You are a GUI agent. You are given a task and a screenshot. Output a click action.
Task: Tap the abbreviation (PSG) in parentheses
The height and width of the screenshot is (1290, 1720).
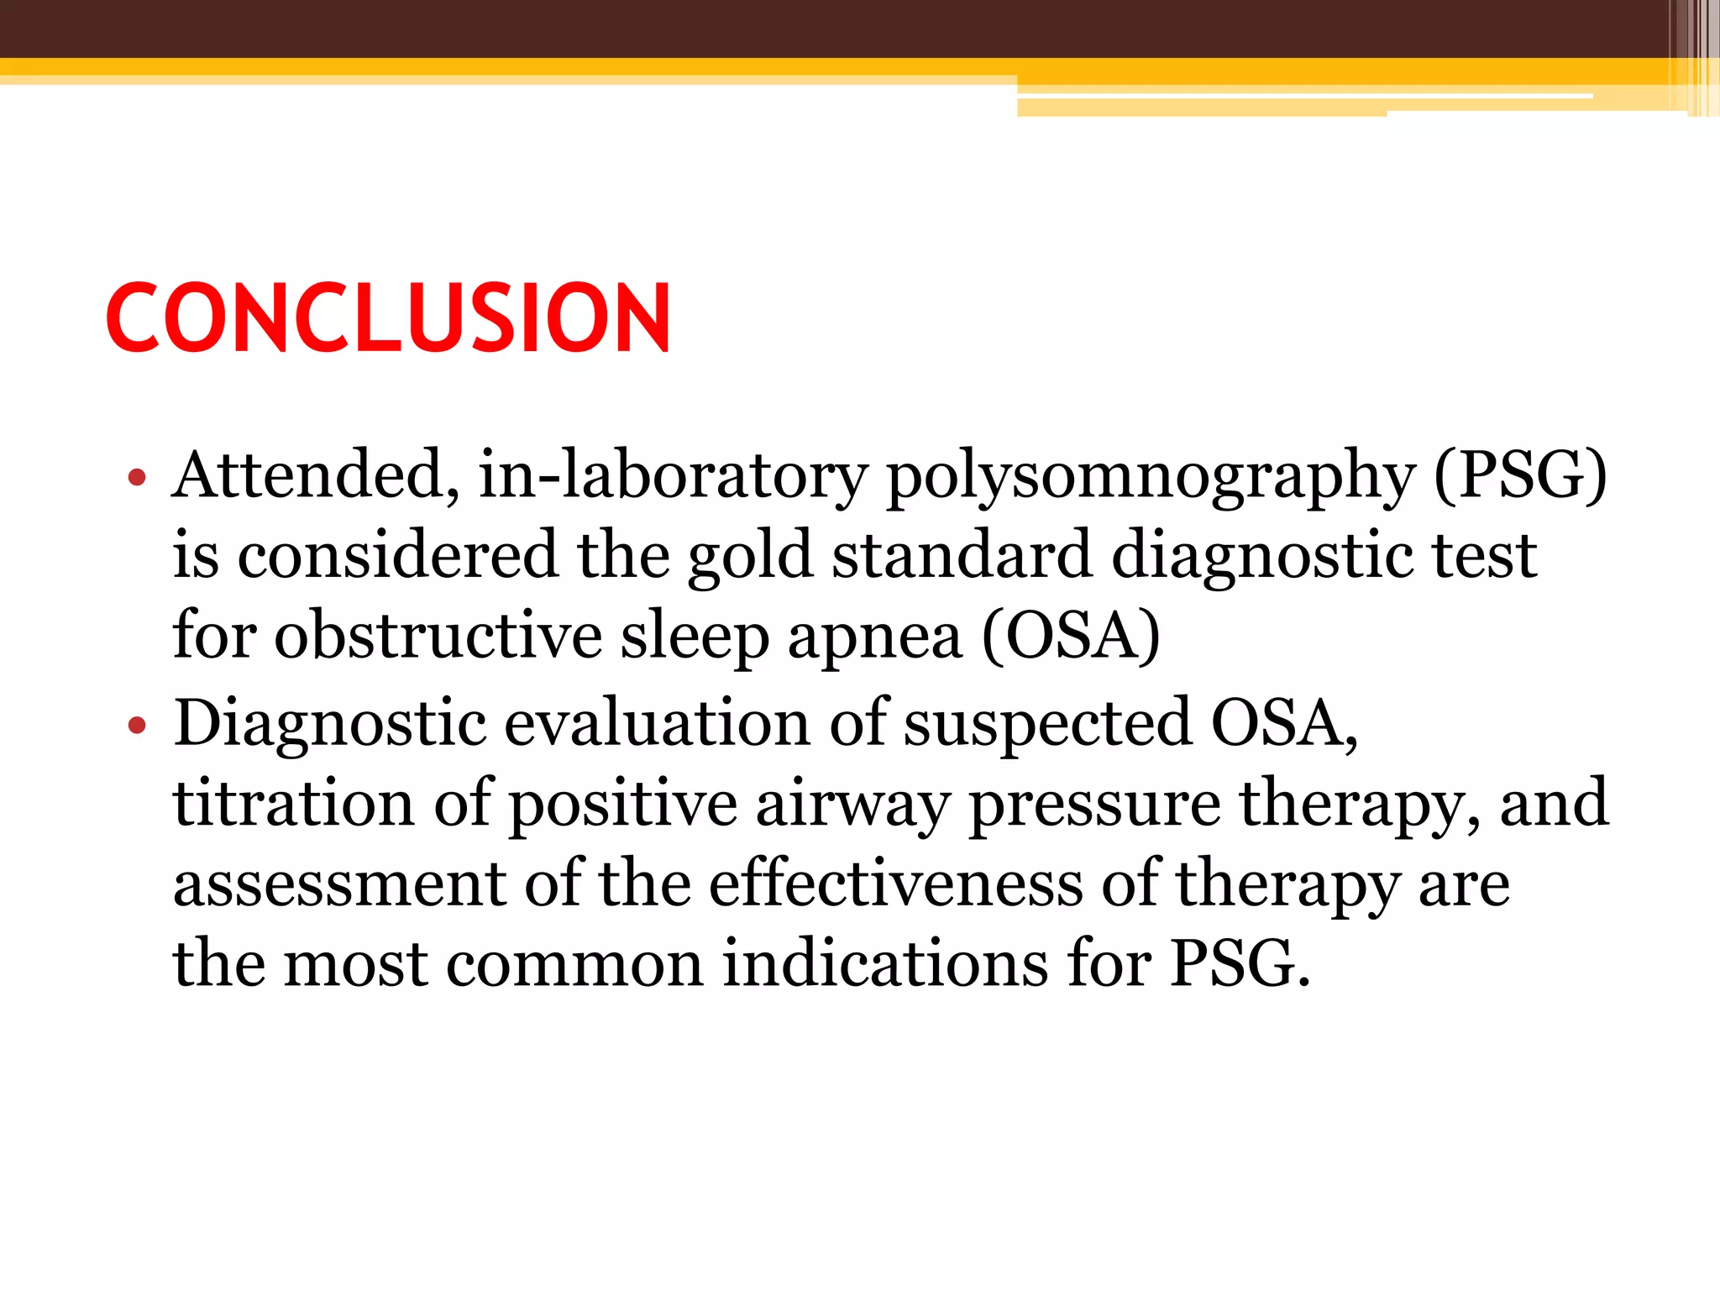1520,475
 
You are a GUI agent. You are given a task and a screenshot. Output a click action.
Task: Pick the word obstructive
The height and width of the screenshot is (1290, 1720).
438,635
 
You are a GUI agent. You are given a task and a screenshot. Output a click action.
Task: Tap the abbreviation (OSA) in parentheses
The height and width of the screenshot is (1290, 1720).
1072,635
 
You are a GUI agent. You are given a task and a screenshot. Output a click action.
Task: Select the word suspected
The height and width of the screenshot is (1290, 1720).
1046,724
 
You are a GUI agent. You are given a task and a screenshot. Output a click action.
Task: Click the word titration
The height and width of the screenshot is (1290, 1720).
293,803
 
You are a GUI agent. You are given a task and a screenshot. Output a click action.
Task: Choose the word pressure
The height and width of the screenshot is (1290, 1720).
1094,805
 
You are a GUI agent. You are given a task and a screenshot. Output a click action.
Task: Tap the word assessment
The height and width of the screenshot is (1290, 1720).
339,884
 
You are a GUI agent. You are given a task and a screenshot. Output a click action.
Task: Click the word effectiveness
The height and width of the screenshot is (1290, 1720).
896,884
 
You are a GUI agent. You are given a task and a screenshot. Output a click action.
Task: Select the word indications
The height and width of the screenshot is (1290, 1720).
885,962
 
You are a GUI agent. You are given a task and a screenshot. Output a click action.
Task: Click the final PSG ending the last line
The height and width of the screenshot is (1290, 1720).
1240,962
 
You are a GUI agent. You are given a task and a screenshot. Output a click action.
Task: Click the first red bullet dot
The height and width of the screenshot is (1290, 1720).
137,479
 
